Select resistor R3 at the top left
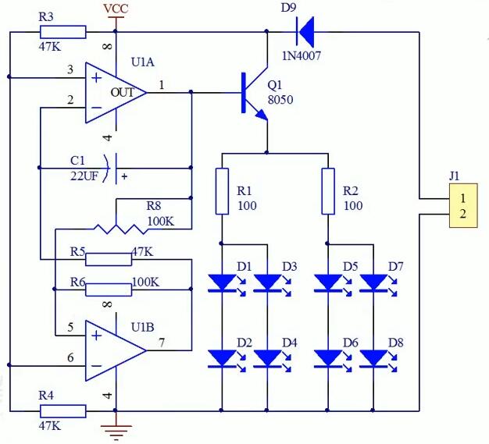pyautogui.click(x=62, y=32)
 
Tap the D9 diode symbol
pyautogui.click(x=305, y=32)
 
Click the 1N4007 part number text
pyautogui.click(x=302, y=55)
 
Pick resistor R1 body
pyautogui.click(x=222, y=191)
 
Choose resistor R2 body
pyautogui.click(x=329, y=191)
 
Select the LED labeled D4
pyautogui.click(x=268, y=358)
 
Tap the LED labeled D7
pyautogui.click(x=375, y=283)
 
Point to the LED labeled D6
pyautogui.click(x=329, y=358)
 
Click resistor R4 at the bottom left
pyautogui.click(x=62, y=410)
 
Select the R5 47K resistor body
pyautogui.click(x=109, y=259)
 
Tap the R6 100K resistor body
pyautogui.click(x=109, y=289)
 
